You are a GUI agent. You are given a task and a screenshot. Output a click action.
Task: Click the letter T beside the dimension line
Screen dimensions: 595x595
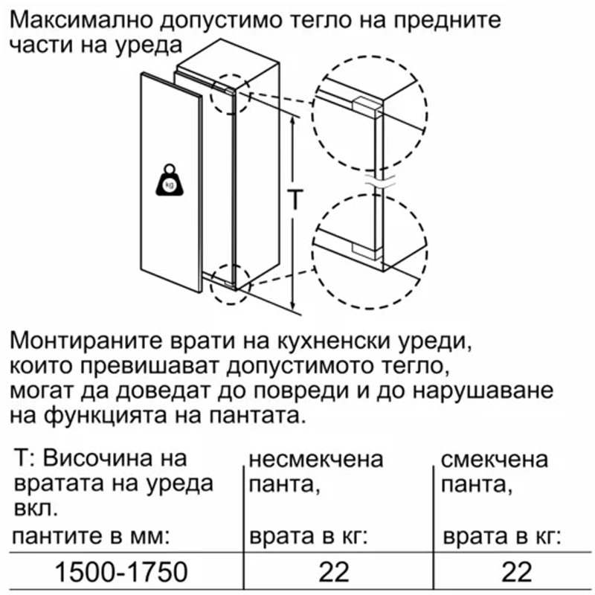point(294,199)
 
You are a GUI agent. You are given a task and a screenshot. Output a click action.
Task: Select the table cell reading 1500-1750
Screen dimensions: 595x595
point(121,572)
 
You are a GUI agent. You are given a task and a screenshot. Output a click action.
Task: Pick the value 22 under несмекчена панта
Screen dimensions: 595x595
point(334,572)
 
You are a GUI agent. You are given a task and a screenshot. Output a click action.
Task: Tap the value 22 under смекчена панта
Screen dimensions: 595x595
point(516,572)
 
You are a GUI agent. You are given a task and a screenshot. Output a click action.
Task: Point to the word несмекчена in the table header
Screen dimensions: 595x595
point(316,459)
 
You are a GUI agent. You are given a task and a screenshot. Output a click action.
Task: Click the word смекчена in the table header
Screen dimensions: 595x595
point(495,459)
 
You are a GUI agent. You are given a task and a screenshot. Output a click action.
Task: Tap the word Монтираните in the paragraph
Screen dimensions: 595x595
point(86,341)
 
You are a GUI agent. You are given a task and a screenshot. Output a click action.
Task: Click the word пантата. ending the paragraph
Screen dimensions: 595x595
point(257,416)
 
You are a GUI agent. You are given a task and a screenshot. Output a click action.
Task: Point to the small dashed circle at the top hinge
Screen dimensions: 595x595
point(231,94)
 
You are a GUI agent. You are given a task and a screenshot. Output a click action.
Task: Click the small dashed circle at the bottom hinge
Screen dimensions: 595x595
point(231,284)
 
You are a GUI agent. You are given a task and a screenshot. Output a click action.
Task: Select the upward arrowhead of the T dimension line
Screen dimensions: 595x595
point(292,120)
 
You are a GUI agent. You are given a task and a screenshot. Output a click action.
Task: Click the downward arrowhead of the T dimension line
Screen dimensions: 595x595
point(292,306)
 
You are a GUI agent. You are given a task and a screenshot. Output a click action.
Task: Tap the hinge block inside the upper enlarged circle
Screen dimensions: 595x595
point(367,105)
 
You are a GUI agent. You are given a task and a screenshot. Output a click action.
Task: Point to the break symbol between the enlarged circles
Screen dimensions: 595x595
point(379,182)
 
